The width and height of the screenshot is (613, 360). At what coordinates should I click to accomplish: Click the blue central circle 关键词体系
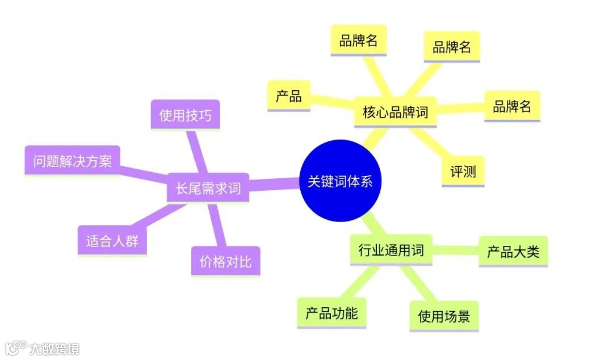(340, 182)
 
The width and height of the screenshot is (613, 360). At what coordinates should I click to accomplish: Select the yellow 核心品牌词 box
(395, 112)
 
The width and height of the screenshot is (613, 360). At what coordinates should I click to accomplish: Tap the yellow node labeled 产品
(289, 96)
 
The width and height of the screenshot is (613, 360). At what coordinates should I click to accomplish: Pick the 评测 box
(463, 171)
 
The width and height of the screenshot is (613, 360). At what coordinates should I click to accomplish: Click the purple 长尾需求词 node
(208, 188)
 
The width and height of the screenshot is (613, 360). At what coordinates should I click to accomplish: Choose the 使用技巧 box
(185, 116)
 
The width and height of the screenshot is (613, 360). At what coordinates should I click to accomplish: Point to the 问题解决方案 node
(72, 161)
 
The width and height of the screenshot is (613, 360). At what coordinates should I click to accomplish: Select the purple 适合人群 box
(112, 241)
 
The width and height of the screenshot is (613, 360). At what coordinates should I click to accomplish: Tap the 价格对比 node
(225, 261)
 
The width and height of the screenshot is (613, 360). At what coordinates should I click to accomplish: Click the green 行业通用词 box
(391, 250)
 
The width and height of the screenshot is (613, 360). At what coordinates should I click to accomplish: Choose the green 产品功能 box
(331, 313)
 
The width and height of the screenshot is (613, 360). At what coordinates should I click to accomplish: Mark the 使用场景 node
(444, 316)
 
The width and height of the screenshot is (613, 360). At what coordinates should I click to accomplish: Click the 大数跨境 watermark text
(54, 348)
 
